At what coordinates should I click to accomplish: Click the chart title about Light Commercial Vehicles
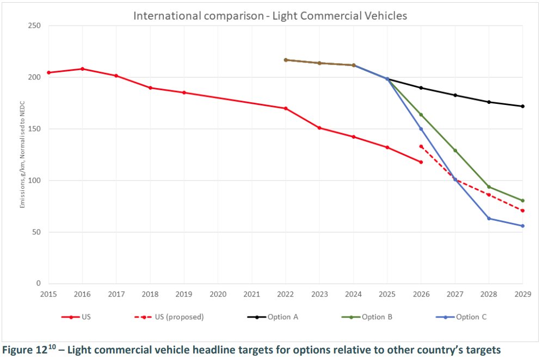[x=270, y=16]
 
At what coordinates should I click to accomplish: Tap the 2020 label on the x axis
[x=218, y=294]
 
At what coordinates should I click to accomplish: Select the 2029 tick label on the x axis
[x=522, y=294]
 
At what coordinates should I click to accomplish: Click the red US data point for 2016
[x=82, y=69]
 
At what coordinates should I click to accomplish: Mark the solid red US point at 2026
[x=421, y=162]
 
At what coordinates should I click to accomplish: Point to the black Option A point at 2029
[x=522, y=106]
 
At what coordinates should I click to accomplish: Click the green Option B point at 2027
[x=455, y=151]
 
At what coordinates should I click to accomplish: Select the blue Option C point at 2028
[x=489, y=219]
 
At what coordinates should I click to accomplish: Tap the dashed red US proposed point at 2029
[x=522, y=211]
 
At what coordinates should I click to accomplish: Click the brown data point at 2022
[x=286, y=60]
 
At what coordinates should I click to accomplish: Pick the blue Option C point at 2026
[x=421, y=129]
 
